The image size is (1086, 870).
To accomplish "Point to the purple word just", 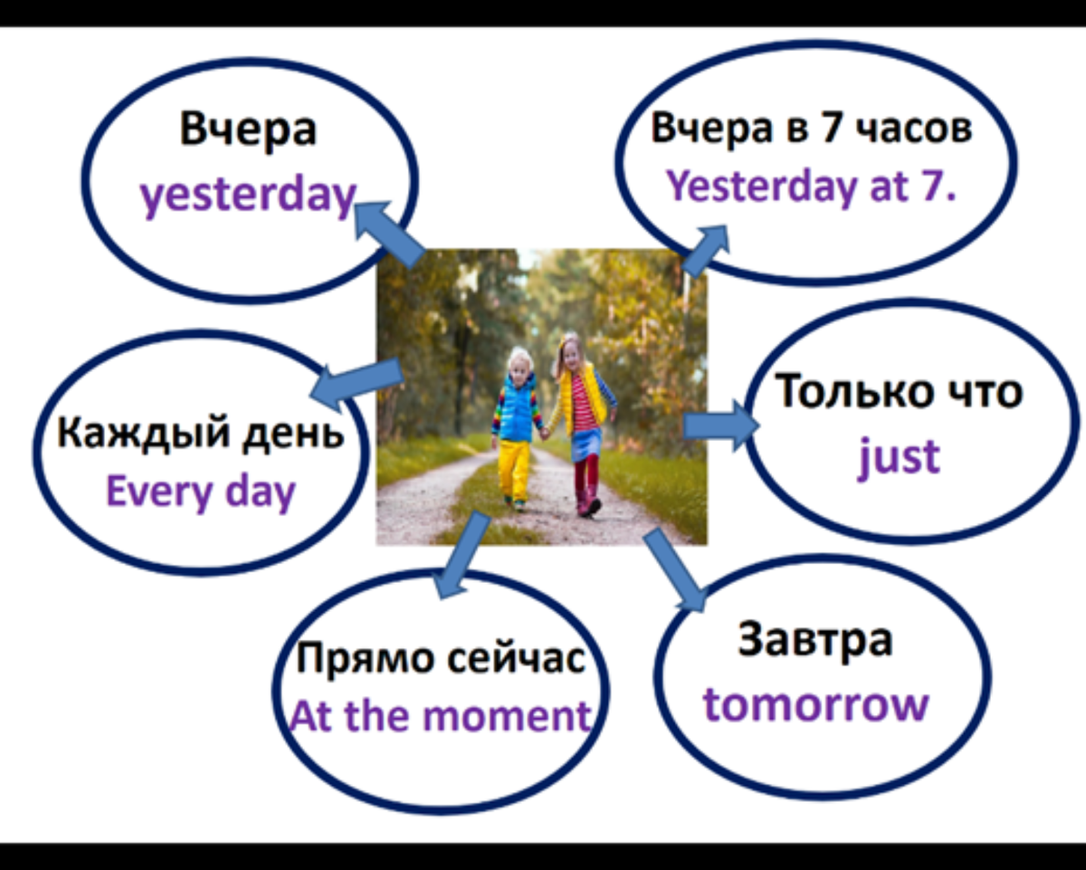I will (899, 457).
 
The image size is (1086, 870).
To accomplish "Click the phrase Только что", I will (899, 392).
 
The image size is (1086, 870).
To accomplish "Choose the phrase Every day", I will (201, 493).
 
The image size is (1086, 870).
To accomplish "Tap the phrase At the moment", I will (440, 717).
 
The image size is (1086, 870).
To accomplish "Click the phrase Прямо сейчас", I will (442, 657).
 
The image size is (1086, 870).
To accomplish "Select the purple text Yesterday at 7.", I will (811, 186).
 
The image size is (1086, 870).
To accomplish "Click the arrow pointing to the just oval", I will (719, 425).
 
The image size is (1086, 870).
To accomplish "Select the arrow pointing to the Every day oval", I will (356, 380).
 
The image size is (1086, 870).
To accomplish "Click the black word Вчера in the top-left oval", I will (248, 129).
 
